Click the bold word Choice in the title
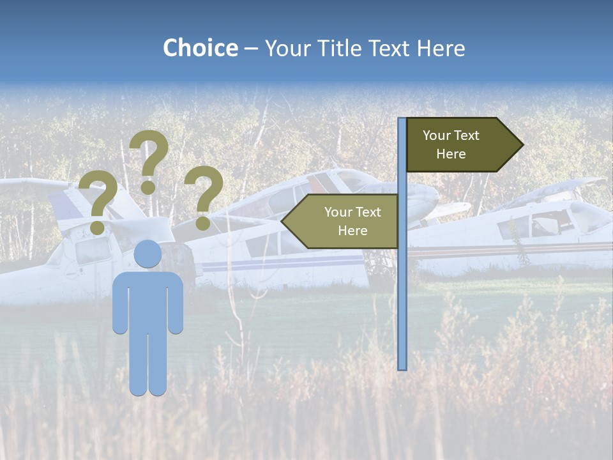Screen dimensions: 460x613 pos(200,48)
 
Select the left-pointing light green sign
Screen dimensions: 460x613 pos(342,221)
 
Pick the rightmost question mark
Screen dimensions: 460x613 pos(204,195)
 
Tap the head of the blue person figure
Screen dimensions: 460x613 pos(148,254)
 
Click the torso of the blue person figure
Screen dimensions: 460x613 pos(148,300)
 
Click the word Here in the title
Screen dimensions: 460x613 pos(441,48)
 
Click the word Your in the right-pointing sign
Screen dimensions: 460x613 pos(437,135)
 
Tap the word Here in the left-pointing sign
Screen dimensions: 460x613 pos(352,231)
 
